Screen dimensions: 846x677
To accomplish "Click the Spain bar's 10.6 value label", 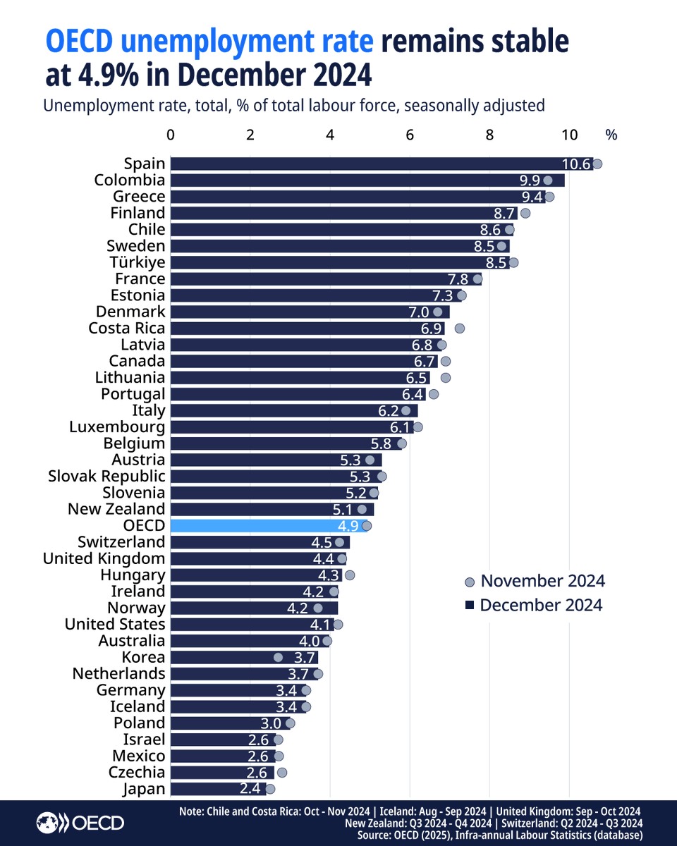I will pos(575,164).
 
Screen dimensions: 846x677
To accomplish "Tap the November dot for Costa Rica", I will pos(460,329).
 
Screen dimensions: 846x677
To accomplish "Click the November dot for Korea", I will pos(278,657).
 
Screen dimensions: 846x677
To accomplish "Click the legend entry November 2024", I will pos(535,581).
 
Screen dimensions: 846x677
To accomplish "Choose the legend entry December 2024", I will pos(533,605).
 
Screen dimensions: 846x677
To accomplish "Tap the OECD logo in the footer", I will pos(80,823).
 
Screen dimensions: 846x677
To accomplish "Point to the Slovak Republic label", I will pos(106,477).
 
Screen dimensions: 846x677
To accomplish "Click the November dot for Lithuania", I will pos(445,378).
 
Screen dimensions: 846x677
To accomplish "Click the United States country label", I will pos(115,625).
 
